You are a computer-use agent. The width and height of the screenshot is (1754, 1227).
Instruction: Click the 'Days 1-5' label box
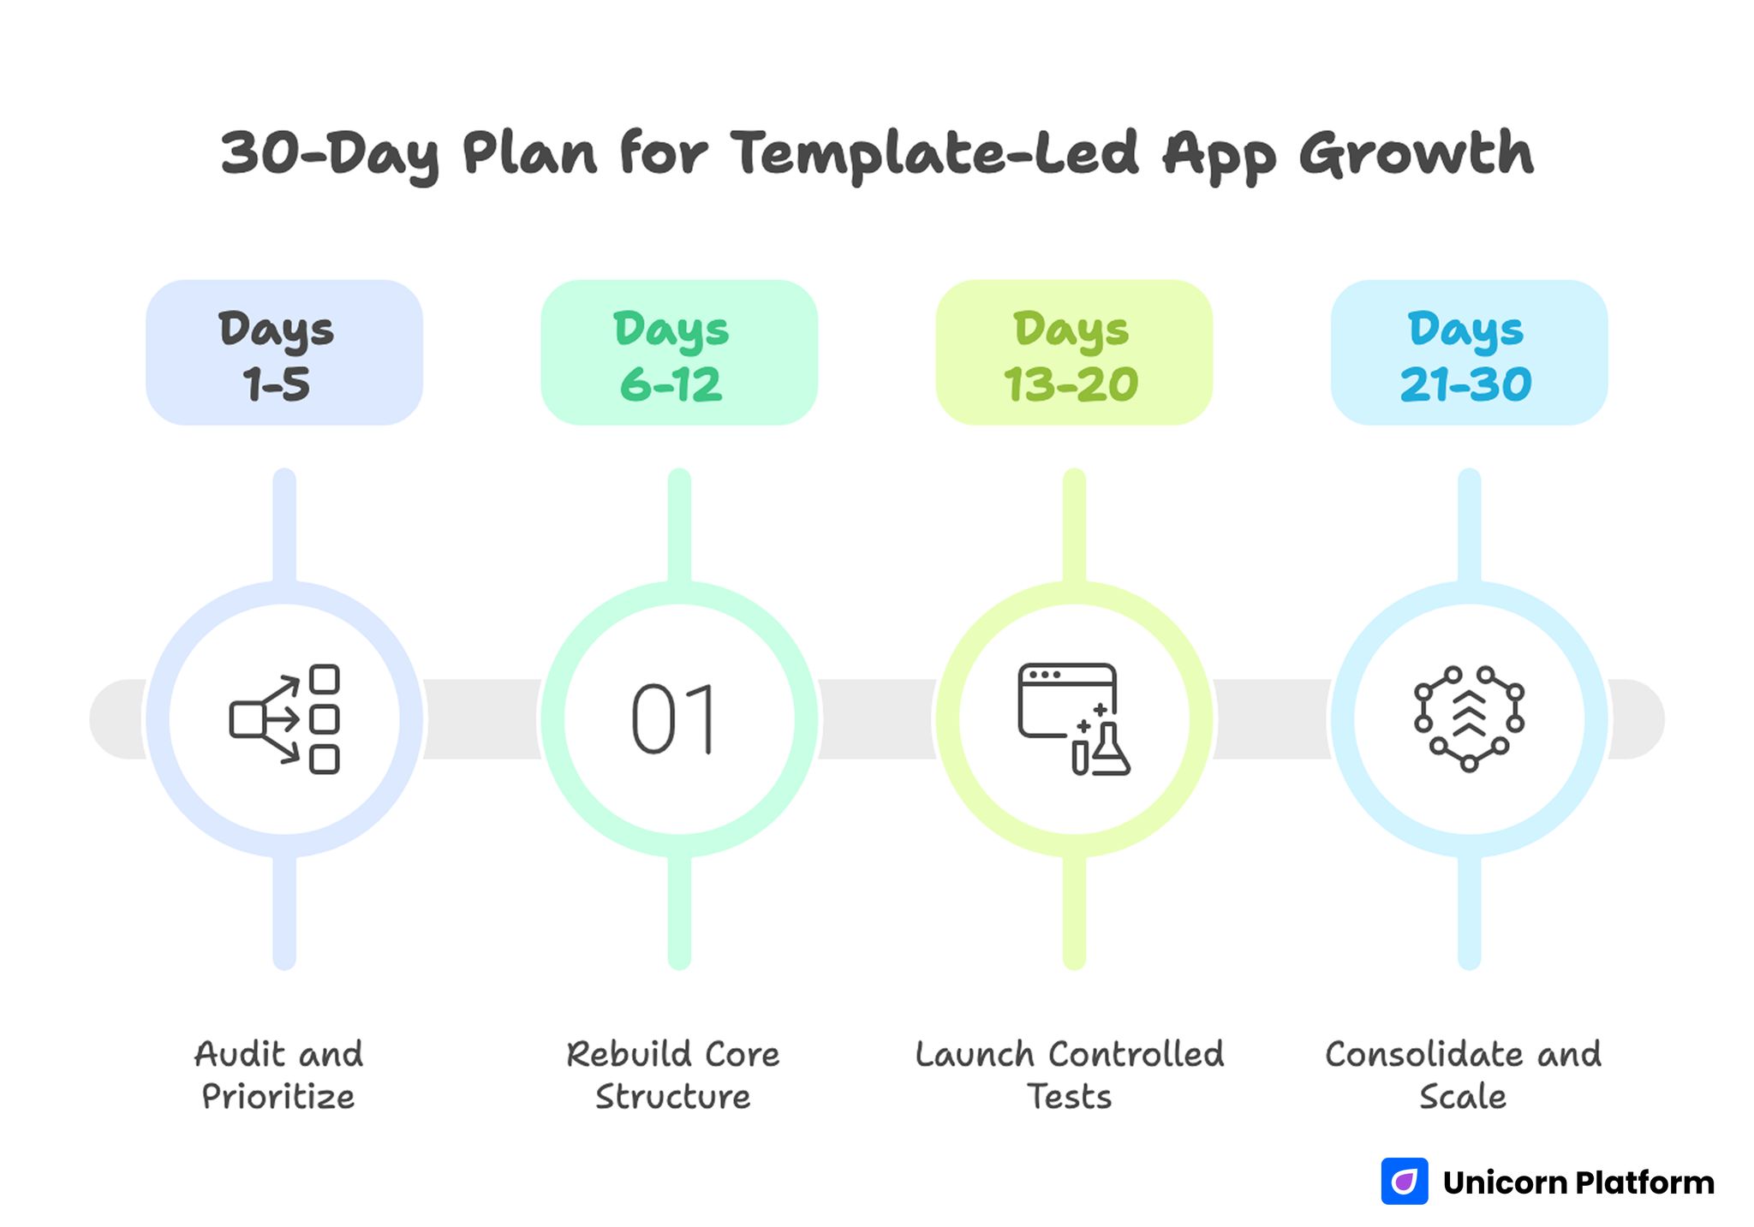click(x=283, y=353)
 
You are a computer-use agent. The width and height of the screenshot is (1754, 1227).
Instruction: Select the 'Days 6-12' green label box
click(x=678, y=353)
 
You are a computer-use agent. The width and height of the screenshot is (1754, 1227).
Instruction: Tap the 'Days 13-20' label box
click(x=1073, y=353)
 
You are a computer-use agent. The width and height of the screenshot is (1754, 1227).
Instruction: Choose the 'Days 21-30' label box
click(x=1468, y=353)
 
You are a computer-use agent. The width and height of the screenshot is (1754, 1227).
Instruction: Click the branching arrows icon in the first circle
click(x=284, y=719)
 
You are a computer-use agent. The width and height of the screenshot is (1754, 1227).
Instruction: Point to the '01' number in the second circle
click(x=674, y=719)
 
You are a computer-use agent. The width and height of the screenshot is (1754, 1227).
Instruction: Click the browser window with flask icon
click(x=1073, y=719)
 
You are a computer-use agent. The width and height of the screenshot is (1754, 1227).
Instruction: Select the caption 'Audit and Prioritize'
click(x=278, y=1075)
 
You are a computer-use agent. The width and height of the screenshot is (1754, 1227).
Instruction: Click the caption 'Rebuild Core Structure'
click(x=673, y=1075)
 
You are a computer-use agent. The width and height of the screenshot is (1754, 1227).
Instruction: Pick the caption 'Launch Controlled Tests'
click(x=1070, y=1075)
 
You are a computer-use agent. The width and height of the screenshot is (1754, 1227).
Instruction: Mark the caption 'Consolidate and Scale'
click(x=1463, y=1075)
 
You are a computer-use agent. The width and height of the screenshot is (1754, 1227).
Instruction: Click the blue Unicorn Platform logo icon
click(x=1404, y=1182)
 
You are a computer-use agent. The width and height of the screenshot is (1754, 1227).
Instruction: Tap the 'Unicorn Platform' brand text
click(x=1578, y=1182)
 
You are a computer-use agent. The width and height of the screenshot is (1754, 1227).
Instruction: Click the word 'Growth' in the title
click(x=1416, y=154)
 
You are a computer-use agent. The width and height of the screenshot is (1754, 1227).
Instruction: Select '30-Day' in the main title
click(x=330, y=154)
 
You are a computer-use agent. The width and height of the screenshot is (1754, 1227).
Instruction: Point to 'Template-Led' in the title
click(x=934, y=154)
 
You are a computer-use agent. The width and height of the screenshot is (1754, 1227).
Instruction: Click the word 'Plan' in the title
click(x=528, y=154)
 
